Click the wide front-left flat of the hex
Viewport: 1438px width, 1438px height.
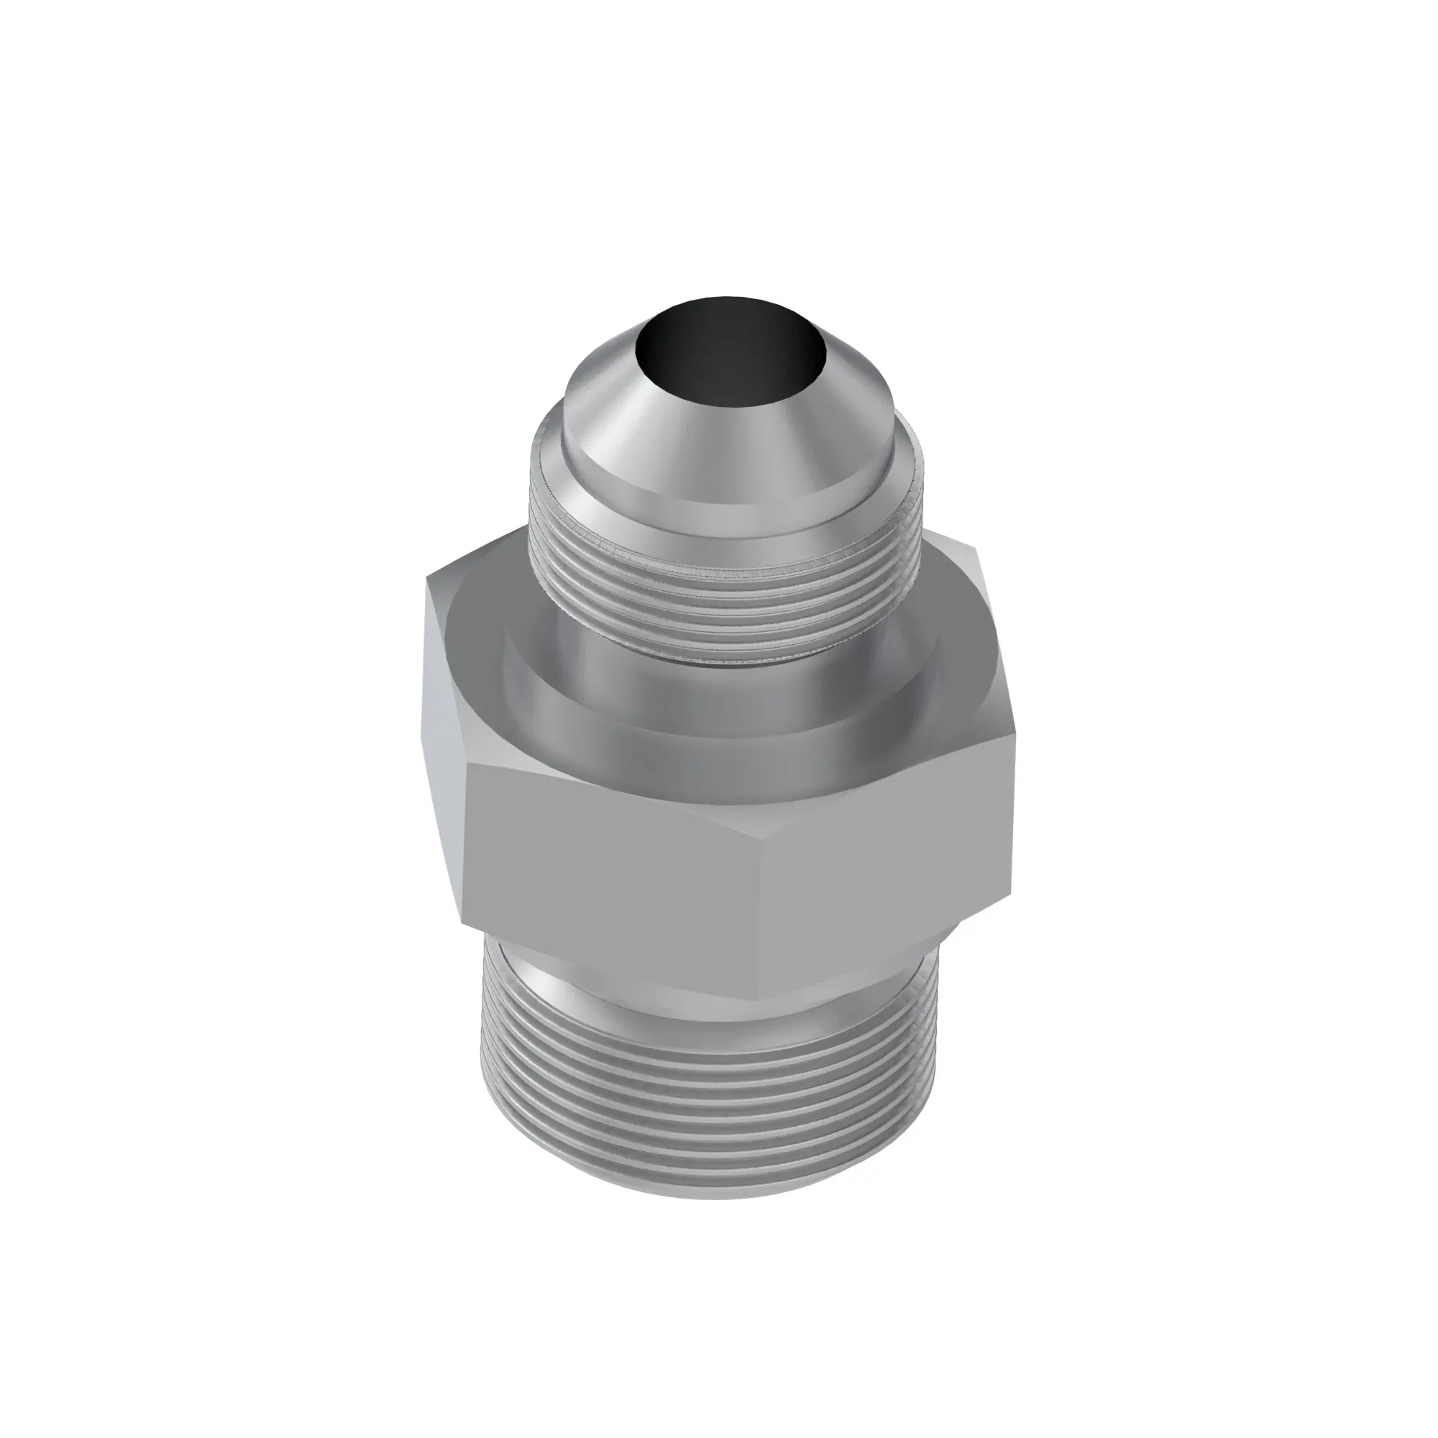click(x=618, y=856)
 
